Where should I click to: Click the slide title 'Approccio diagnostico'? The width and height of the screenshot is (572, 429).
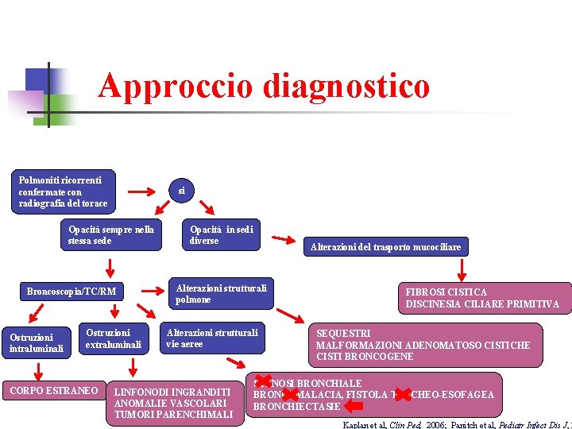tap(264, 87)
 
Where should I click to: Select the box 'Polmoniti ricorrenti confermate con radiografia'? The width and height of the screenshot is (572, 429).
tap(64, 191)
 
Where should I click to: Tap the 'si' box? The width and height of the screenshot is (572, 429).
tap(181, 191)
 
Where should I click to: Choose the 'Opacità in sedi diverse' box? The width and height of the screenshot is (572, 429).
tap(222, 235)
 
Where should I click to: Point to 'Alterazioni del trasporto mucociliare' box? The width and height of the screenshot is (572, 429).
tap(385, 247)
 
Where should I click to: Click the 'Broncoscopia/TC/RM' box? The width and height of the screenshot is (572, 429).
tap(71, 292)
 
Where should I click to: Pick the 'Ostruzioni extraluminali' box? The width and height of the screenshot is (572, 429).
tap(113, 338)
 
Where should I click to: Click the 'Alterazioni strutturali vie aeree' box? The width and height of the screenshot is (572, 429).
tap(211, 338)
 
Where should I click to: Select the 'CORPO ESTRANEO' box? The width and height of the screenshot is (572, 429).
tap(53, 391)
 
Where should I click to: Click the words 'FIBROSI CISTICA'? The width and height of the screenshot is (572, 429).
tap(446, 292)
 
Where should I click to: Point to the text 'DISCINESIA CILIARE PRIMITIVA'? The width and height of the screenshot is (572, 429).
tap(482, 304)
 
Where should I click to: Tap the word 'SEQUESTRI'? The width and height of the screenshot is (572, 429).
tap(343, 334)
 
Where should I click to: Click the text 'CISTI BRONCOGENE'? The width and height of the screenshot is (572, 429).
tap(364, 357)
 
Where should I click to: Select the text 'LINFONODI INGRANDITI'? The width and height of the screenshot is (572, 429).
tap(173, 392)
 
